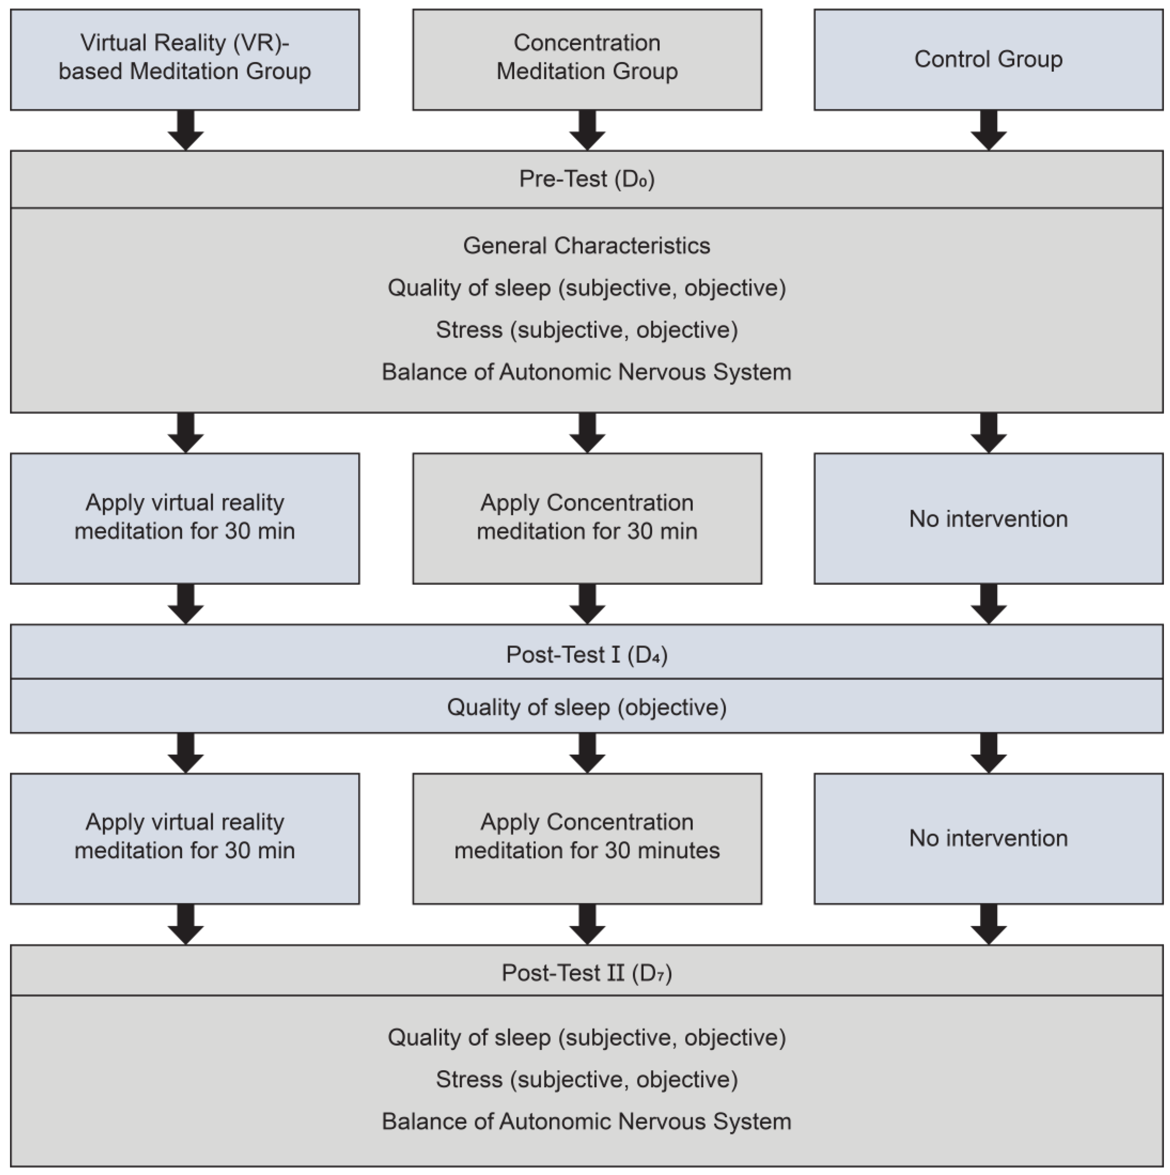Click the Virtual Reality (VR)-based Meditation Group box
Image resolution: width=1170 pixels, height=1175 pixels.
(185, 59)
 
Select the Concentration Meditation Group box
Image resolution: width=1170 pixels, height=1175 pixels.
(587, 59)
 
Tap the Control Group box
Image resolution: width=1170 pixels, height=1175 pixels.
(988, 59)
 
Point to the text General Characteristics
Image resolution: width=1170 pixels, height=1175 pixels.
(587, 246)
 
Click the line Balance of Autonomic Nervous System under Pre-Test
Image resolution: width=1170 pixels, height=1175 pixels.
(587, 371)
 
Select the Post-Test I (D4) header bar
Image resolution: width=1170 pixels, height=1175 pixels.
(587, 654)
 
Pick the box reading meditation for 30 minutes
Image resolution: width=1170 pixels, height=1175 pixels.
(587, 838)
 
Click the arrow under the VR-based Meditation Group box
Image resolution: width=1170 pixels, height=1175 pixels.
(186, 130)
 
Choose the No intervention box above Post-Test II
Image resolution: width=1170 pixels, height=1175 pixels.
(988, 838)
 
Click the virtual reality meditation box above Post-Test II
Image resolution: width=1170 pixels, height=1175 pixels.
(185, 838)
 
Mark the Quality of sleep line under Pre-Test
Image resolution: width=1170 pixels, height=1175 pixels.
(587, 288)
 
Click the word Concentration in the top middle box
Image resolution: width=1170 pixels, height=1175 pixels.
(587, 43)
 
